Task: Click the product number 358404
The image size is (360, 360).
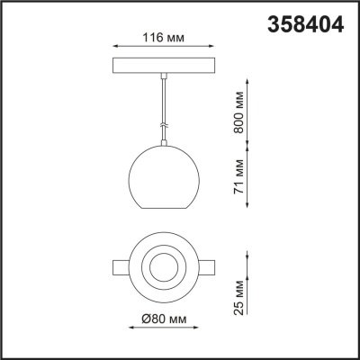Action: coord(305,25)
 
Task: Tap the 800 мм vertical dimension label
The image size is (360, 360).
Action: coord(238,112)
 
